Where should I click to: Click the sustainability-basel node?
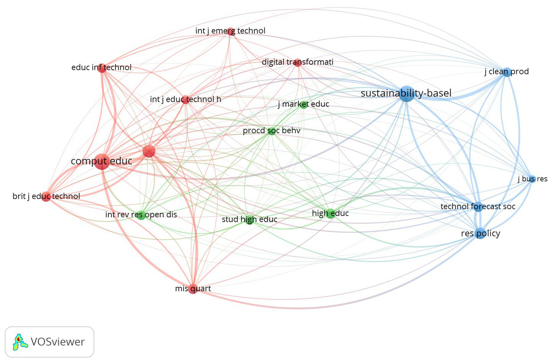(406, 94)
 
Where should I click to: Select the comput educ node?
(102, 161)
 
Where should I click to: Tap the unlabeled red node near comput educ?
(149, 151)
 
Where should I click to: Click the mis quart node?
(193, 289)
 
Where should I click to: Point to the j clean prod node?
(507, 72)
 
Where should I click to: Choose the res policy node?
(480, 233)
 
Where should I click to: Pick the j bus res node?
(532, 179)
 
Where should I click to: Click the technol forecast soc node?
(478, 207)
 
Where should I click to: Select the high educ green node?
(331, 214)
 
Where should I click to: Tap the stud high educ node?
(249, 220)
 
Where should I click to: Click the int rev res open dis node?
(141, 215)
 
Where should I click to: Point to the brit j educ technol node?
(46, 197)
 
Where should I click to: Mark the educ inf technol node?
(102, 68)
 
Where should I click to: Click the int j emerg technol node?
(230, 31)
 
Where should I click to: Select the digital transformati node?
(298, 62)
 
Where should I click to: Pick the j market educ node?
(304, 104)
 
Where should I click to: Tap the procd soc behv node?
(271, 131)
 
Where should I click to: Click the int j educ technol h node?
(185, 100)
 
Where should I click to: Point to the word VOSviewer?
(57, 342)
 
